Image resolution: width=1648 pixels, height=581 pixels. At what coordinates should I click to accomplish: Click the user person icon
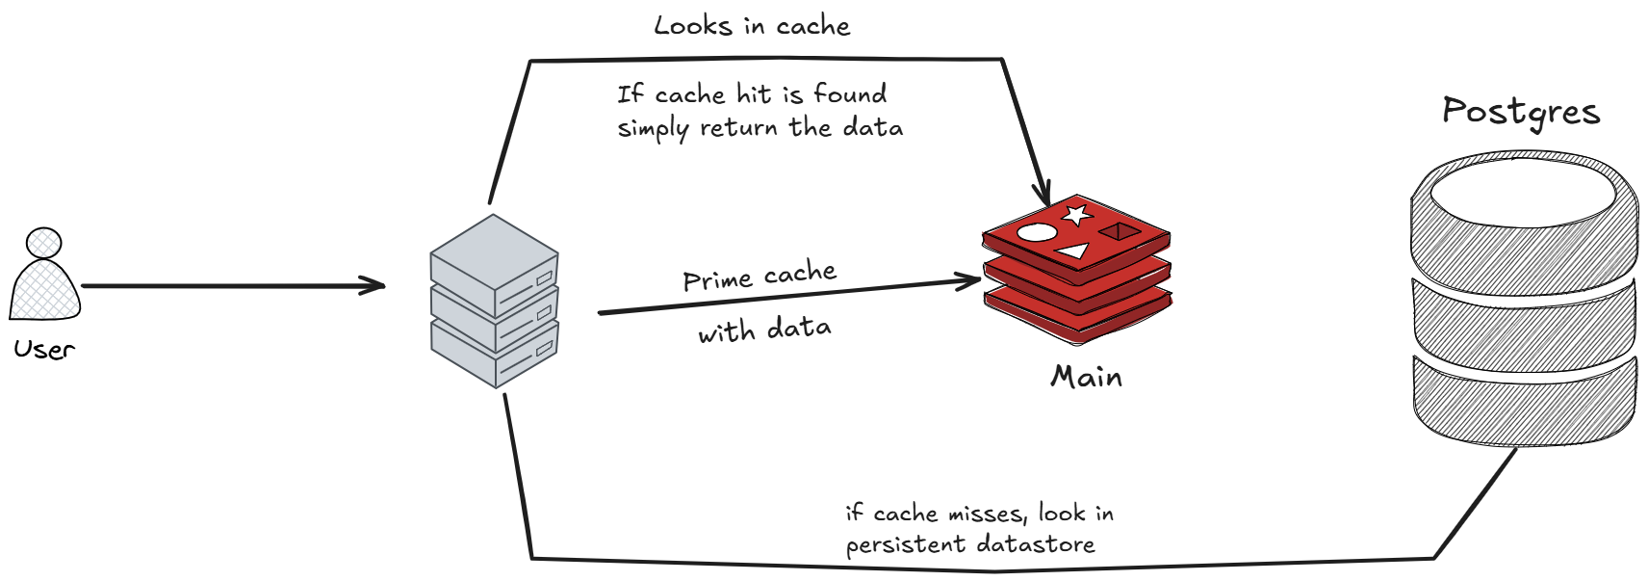(x=45, y=279)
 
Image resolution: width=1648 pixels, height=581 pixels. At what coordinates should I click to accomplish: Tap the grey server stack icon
(x=495, y=302)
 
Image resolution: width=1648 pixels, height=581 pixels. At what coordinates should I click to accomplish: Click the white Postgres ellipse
(x=1523, y=193)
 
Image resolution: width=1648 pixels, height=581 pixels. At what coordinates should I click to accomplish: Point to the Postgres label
(x=1521, y=113)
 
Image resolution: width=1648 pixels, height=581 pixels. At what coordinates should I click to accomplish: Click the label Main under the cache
(x=1087, y=376)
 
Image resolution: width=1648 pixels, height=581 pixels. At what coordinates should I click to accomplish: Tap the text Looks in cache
(x=752, y=26)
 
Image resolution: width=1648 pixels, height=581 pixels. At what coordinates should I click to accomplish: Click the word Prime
(x=716, y=280)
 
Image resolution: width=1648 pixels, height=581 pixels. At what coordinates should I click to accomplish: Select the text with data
(x=765, y=330)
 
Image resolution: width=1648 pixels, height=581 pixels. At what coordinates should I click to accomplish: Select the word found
(x=849, y=94)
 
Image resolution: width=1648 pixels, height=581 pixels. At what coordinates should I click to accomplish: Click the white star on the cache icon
(x=1076, y=214)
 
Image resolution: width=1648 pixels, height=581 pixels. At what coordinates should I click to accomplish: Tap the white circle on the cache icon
(x=1036, y=232)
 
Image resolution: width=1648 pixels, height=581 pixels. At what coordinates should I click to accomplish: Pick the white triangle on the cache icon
(x=1073, y=251)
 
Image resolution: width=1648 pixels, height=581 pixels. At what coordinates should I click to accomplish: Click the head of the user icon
(x=44, y=242)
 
